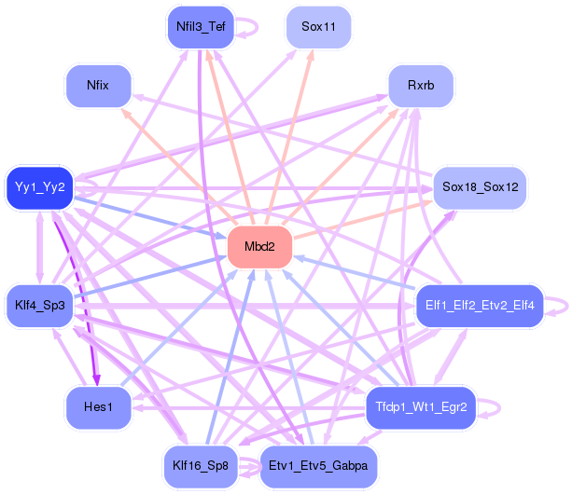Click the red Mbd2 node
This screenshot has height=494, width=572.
(x=259, y=247)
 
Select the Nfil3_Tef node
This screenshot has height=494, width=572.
(x=201, y=27)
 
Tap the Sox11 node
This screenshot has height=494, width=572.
(x=318, y=27)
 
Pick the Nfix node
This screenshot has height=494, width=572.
(x=98, y=86)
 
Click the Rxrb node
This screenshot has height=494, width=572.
(x=421, y=86)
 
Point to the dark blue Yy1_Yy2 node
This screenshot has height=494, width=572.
(x=40, y=187)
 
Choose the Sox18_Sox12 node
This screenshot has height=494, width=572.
(x=480, y=187)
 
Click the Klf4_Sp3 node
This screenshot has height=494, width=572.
(x=40, y=306)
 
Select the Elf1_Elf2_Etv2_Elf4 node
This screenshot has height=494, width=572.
(x=480, y=306)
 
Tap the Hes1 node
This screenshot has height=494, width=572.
(x=98, y=407)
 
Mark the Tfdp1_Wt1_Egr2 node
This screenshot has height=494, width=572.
(x=421, y=407)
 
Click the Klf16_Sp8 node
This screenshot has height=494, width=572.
(x=201, y=466)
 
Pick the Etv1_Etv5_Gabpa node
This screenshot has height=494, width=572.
(x=318, y=466)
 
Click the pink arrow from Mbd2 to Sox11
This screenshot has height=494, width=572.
(x=289, y=137)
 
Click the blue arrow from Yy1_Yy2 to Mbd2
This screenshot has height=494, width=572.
(x=150, y=219)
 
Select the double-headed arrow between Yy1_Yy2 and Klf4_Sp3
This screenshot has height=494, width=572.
(x=40, y=247)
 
